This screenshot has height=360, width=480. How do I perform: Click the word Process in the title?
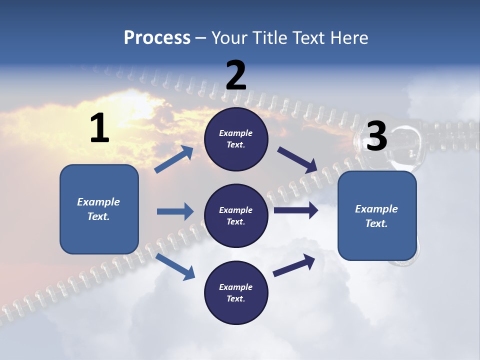click(x=157, y=38)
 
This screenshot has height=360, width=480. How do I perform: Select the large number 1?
click(x=99, y=128)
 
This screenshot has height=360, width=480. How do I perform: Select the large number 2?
click(x=236, y=75)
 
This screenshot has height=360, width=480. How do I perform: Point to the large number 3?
click(x=376, y=136)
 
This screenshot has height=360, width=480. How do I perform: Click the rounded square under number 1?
click(x=99, y=209)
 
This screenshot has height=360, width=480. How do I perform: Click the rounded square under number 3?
click(x=377, y=216)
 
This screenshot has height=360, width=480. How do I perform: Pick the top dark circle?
click(x=236, y=139)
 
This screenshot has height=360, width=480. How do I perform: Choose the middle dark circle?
click(x=236, y=215)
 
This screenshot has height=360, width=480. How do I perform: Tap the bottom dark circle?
click(x=236, y=292)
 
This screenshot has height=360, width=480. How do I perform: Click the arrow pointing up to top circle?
click(x=174, y=159)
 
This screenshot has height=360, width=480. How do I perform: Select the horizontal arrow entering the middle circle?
click(x=175, y=211)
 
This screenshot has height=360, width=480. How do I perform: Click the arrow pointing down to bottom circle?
click(x=175, y=266)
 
